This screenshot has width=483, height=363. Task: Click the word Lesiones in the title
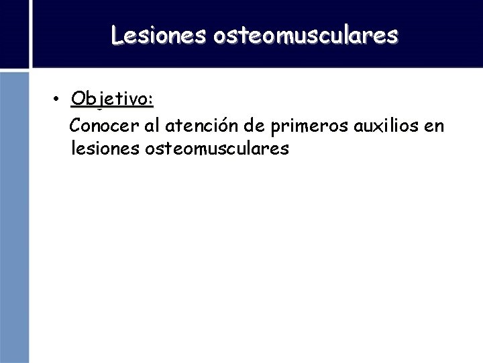click(159, 35)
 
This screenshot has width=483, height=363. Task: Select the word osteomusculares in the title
click(305, 35)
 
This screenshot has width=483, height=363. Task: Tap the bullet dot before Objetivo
click(59, 99)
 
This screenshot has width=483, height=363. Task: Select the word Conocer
click(101, 126)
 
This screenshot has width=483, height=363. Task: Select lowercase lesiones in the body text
click(104, 149)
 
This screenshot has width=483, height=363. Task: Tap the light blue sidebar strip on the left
click(14, 215)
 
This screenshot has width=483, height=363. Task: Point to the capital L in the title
click(117, 35)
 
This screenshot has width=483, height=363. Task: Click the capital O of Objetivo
click(77, 99)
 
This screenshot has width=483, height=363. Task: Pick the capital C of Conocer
click(76, 126)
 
